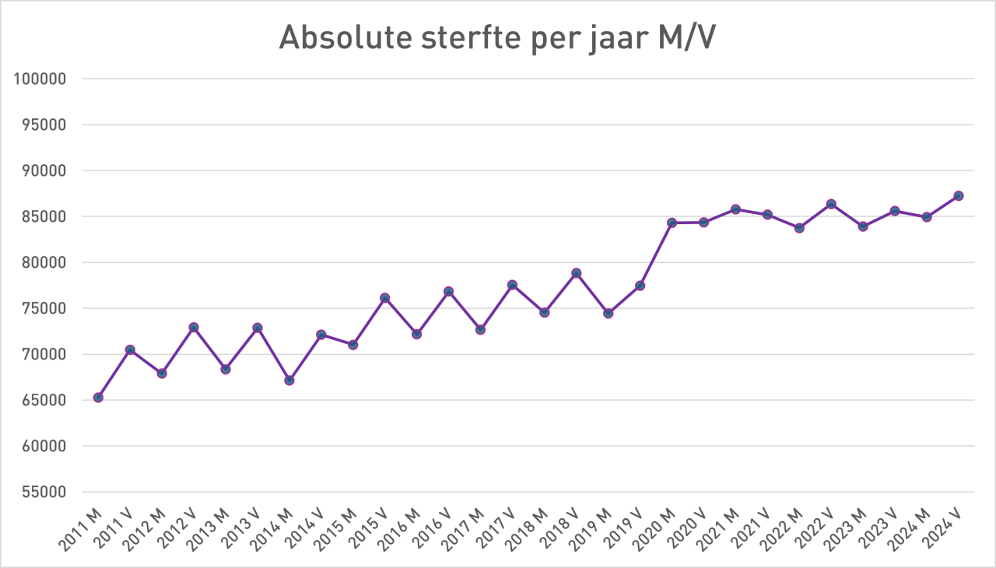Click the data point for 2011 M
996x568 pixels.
click(98, 398)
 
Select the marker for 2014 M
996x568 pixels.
click(289, 380)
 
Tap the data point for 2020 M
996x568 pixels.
click(672, 223)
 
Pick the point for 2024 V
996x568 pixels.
click(959, 196)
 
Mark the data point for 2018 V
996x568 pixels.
click(577, 273)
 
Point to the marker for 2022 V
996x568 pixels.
click(831, 204)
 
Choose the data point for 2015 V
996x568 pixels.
click(385, 298)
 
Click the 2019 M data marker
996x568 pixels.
click(608, 314)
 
